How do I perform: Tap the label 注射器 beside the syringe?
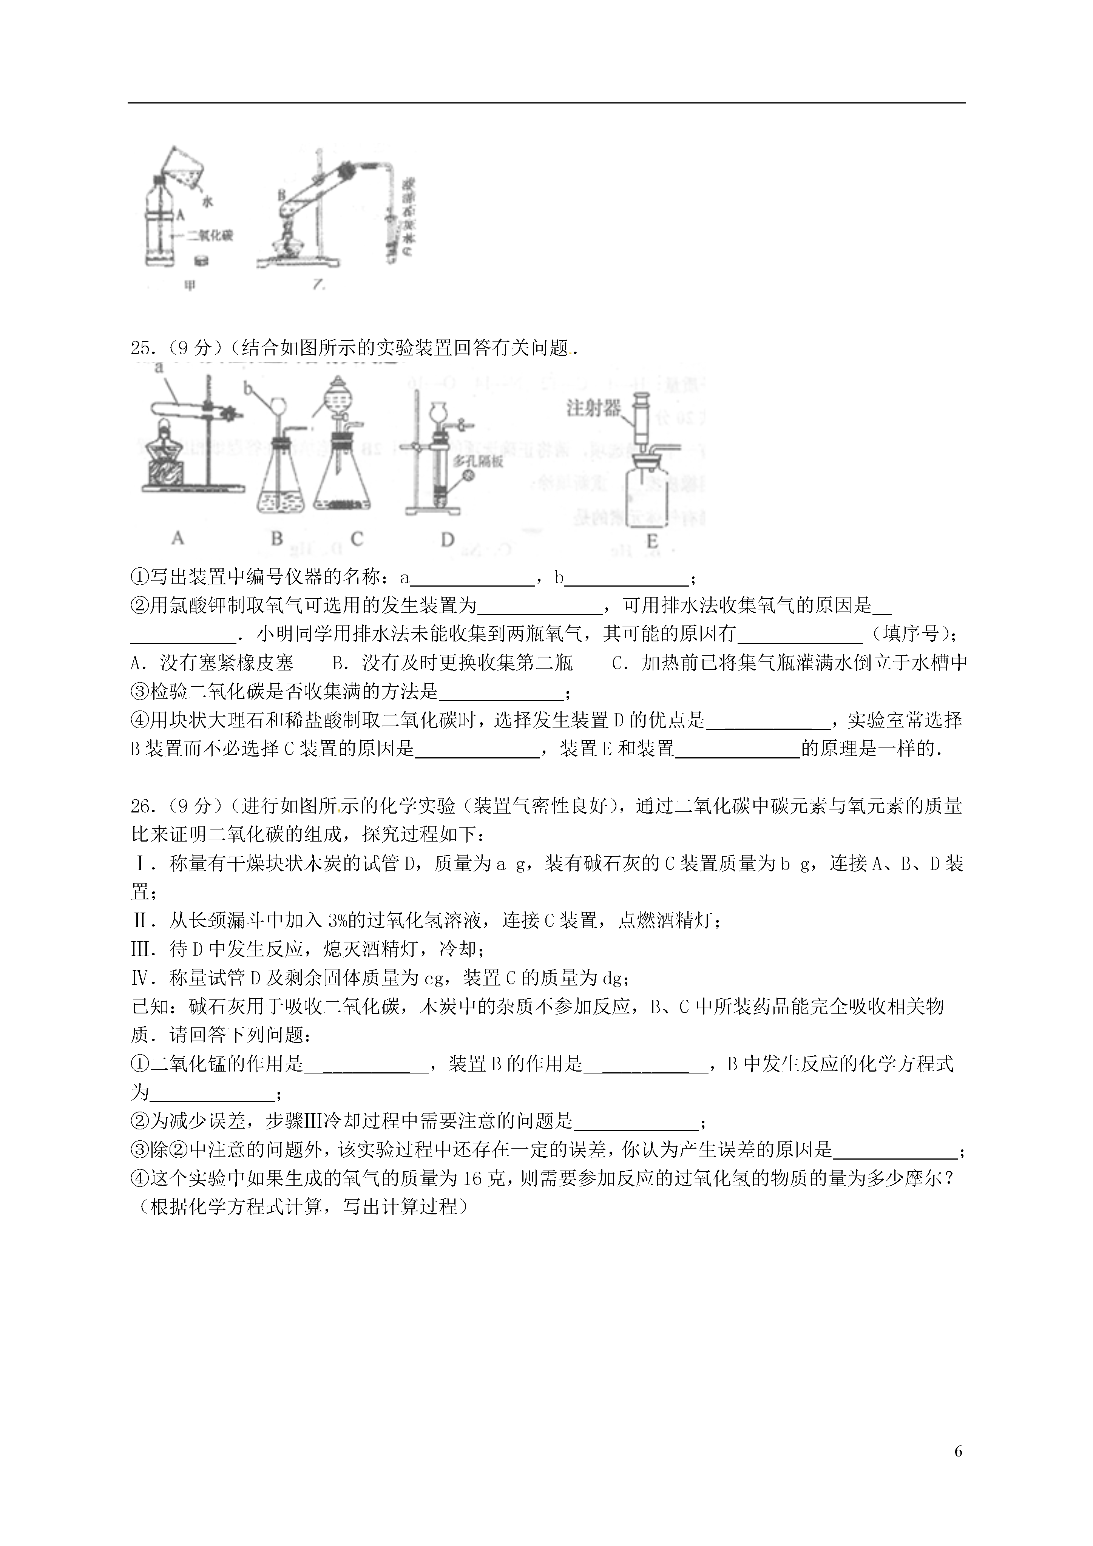pos(593,408)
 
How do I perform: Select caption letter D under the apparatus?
pos(447,539)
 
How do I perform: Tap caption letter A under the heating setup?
pos(177,538)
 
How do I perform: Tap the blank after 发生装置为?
pos(539,606)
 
